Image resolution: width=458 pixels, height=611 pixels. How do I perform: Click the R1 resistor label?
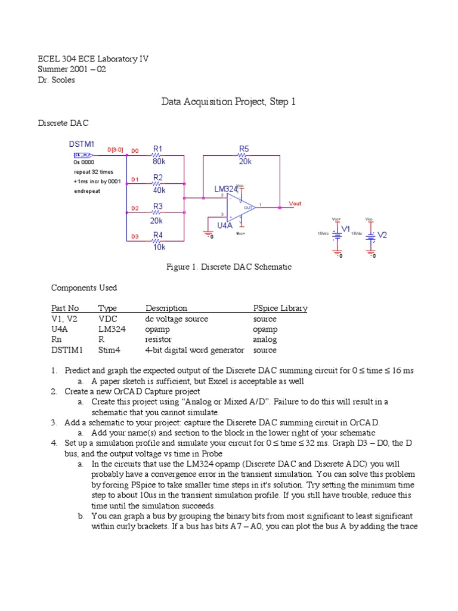[x=158, y=148]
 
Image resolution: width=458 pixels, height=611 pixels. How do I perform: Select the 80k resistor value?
[x=159, y=161]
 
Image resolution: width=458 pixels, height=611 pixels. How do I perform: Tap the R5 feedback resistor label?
[x=244, y=148]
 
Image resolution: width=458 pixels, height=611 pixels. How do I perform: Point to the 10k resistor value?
[x=159, y=247]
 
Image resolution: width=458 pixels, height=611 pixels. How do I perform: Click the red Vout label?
[x=295, y=203]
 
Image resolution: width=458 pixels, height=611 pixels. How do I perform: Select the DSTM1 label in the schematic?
[x=81, y=144]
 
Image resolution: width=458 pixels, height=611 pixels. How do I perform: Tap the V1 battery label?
[x=345, y=228]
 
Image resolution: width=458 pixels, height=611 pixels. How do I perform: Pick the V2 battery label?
[x=382, y=235]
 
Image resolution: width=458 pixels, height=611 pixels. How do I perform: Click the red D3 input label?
[x=135, y=237]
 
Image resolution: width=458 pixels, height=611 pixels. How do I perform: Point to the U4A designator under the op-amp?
[x=224, y=226]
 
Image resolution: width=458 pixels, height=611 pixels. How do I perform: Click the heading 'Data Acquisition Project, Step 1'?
[x=228, y=102]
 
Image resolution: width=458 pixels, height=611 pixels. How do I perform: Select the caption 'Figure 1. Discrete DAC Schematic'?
[x=228, y=267]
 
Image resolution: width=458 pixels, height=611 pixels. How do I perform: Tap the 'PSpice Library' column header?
[x=280, y=308]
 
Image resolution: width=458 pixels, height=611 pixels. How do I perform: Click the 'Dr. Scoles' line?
[x=56, y=80]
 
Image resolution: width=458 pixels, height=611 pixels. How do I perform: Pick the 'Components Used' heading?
[x=84, y=288]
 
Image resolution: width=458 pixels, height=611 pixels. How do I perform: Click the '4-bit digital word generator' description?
[x=195, y=350]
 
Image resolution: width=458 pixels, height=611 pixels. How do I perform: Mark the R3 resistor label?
[x=158, y=206]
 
